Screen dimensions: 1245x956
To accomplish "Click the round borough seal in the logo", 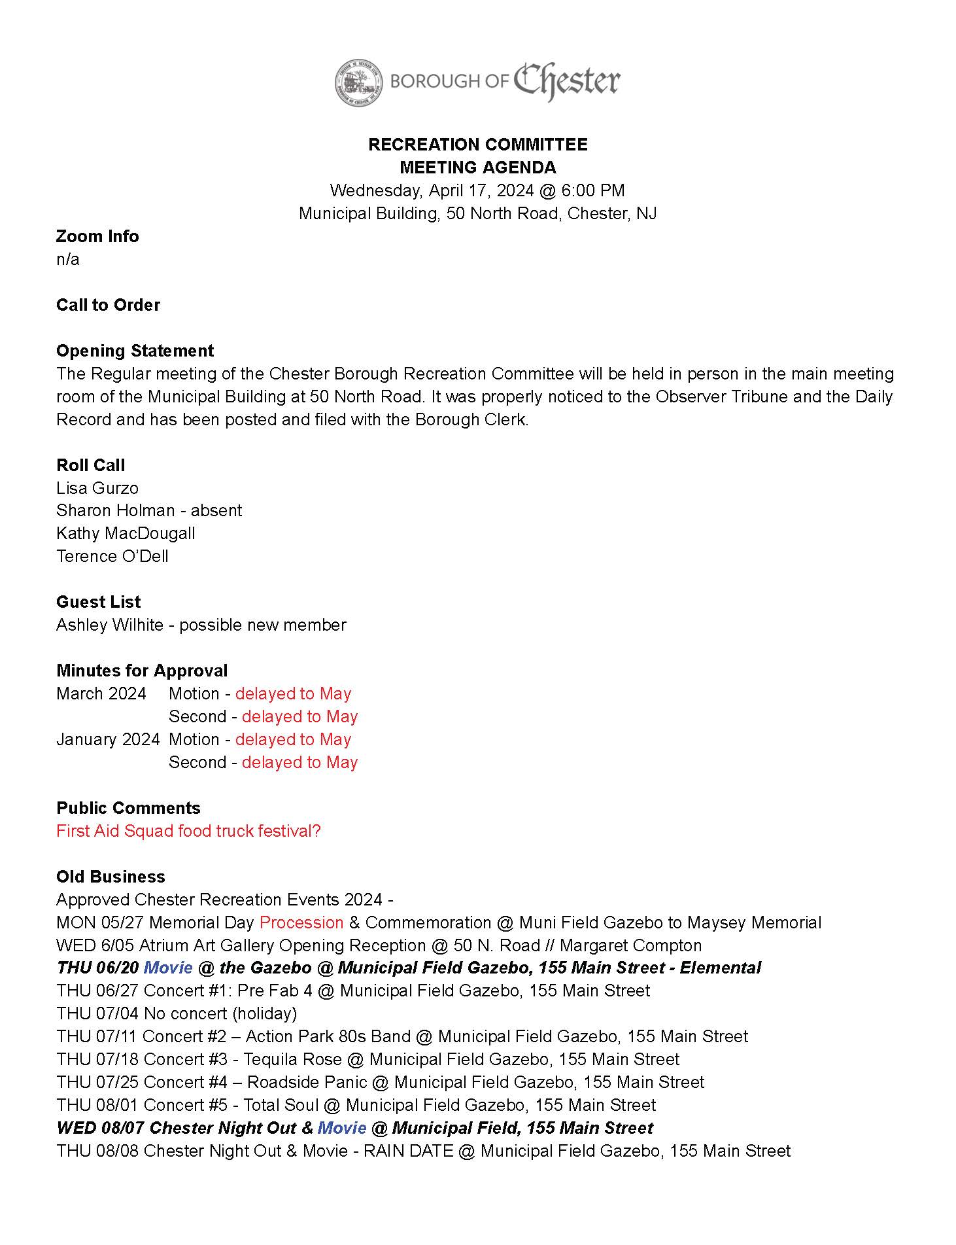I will click(358, 82).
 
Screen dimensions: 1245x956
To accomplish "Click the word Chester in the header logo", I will click(566, 80).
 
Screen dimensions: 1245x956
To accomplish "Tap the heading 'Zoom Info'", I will click(97, 236).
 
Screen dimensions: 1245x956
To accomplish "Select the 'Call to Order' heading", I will click(108, 305).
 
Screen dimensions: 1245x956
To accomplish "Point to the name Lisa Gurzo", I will click(97, 488).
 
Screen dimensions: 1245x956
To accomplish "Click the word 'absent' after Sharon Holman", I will click(216, 510).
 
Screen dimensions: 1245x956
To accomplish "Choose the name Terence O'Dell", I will click(112, 556).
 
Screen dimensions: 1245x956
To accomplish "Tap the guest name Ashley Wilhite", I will click(110, 625).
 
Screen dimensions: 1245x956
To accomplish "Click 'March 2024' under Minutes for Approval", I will click(101, 693).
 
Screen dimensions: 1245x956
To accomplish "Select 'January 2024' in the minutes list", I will click(108, 739).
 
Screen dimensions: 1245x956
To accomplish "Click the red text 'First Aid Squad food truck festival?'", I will click(188, 831).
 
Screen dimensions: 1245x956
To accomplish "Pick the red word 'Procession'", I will click(301, 922).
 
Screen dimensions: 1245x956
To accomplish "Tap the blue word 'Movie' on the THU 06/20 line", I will click(168, 968).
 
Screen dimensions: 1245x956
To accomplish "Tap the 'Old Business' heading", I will click(111, 877).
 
